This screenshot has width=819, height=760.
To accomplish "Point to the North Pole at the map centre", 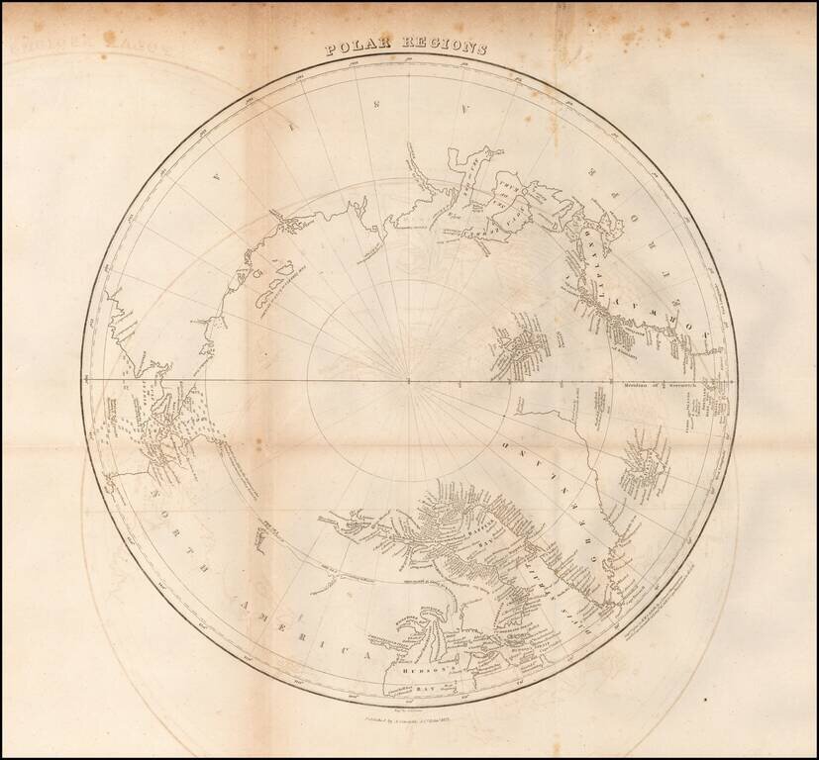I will point(409,380).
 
